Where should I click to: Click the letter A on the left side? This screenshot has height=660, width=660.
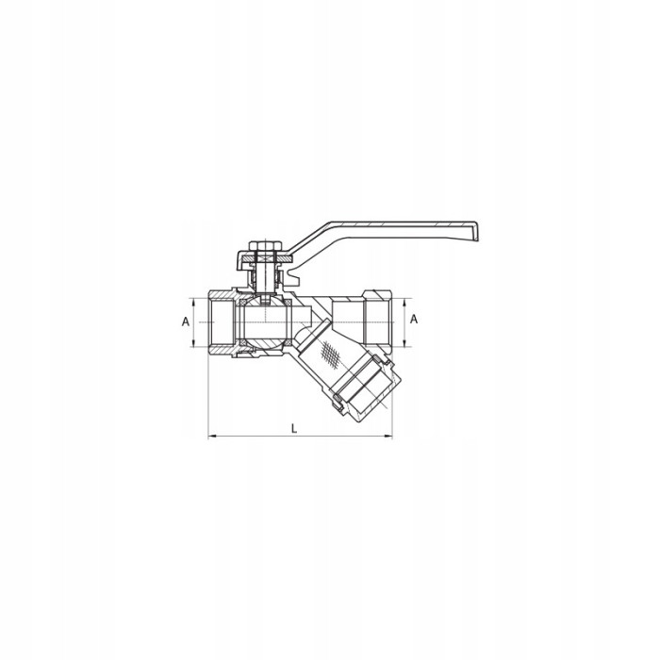click(186, 322)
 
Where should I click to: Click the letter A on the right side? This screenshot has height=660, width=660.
click(414, 320)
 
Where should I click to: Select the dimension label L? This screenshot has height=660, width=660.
click(294, 429)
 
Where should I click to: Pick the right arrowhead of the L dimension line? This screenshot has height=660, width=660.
click(388, 437)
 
